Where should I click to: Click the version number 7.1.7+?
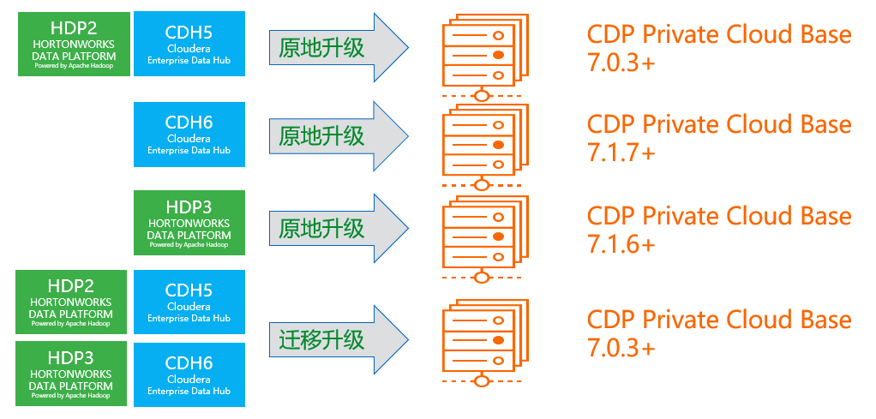pyautogui.click(x=621, y=153)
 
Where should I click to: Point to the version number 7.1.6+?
pyautogui.click(x=621, y=244)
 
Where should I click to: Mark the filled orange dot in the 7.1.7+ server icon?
pyautogui.click(x=497, y=146)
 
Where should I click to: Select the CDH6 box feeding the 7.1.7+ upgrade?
pyautogui.click(x=189, y=135)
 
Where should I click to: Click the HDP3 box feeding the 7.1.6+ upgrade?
pyautogui.click(x=189, y=223)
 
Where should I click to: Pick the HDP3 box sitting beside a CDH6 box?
pyautogui.click(x=71, y=374)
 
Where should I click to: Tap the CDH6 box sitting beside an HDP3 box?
pyautogui.click(x=189, y=374)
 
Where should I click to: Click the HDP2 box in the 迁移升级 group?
pyautogui.click(x=71, y=302)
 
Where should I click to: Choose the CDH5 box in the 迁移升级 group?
pyautogui.click(x=189, y=302)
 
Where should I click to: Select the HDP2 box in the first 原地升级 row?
pyautogui.click(x=74, y=44)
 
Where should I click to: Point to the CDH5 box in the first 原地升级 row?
pyautogui.click(x=189, y=44)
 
